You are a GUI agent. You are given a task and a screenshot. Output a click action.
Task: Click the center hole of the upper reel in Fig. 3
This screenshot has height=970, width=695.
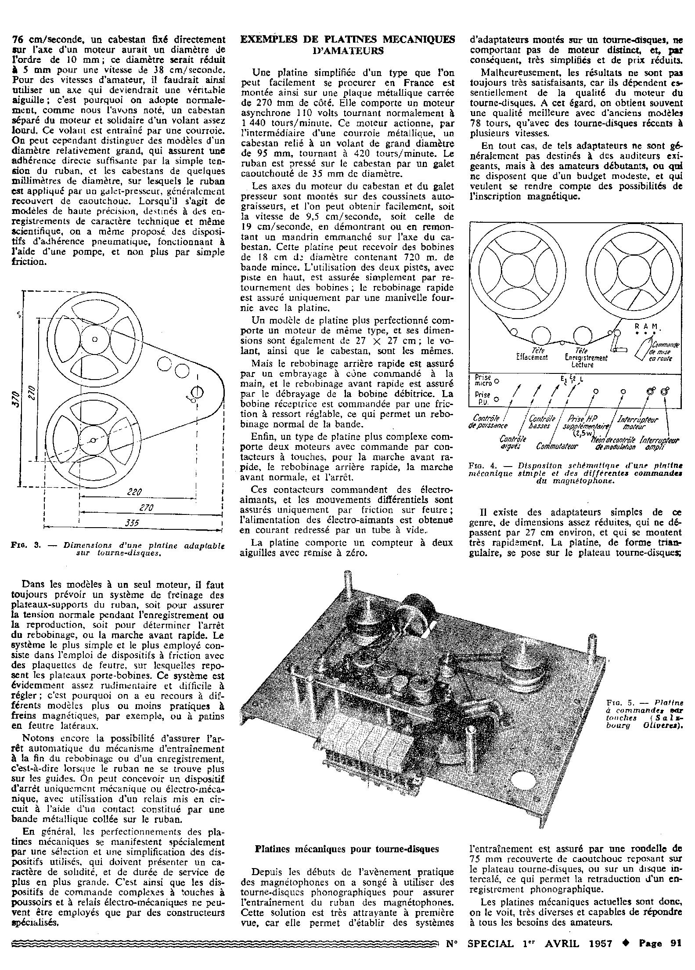[95, 339]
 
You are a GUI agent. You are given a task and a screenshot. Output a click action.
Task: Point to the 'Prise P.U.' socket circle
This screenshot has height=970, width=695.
[497, 399]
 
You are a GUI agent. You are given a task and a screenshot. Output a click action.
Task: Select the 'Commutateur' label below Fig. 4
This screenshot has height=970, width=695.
[557, 446]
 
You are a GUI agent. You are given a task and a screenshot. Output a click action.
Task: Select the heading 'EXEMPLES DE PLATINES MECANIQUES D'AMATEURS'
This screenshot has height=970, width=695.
[347, 45]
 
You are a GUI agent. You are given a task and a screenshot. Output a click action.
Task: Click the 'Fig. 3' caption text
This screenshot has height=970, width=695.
[118, 550]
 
